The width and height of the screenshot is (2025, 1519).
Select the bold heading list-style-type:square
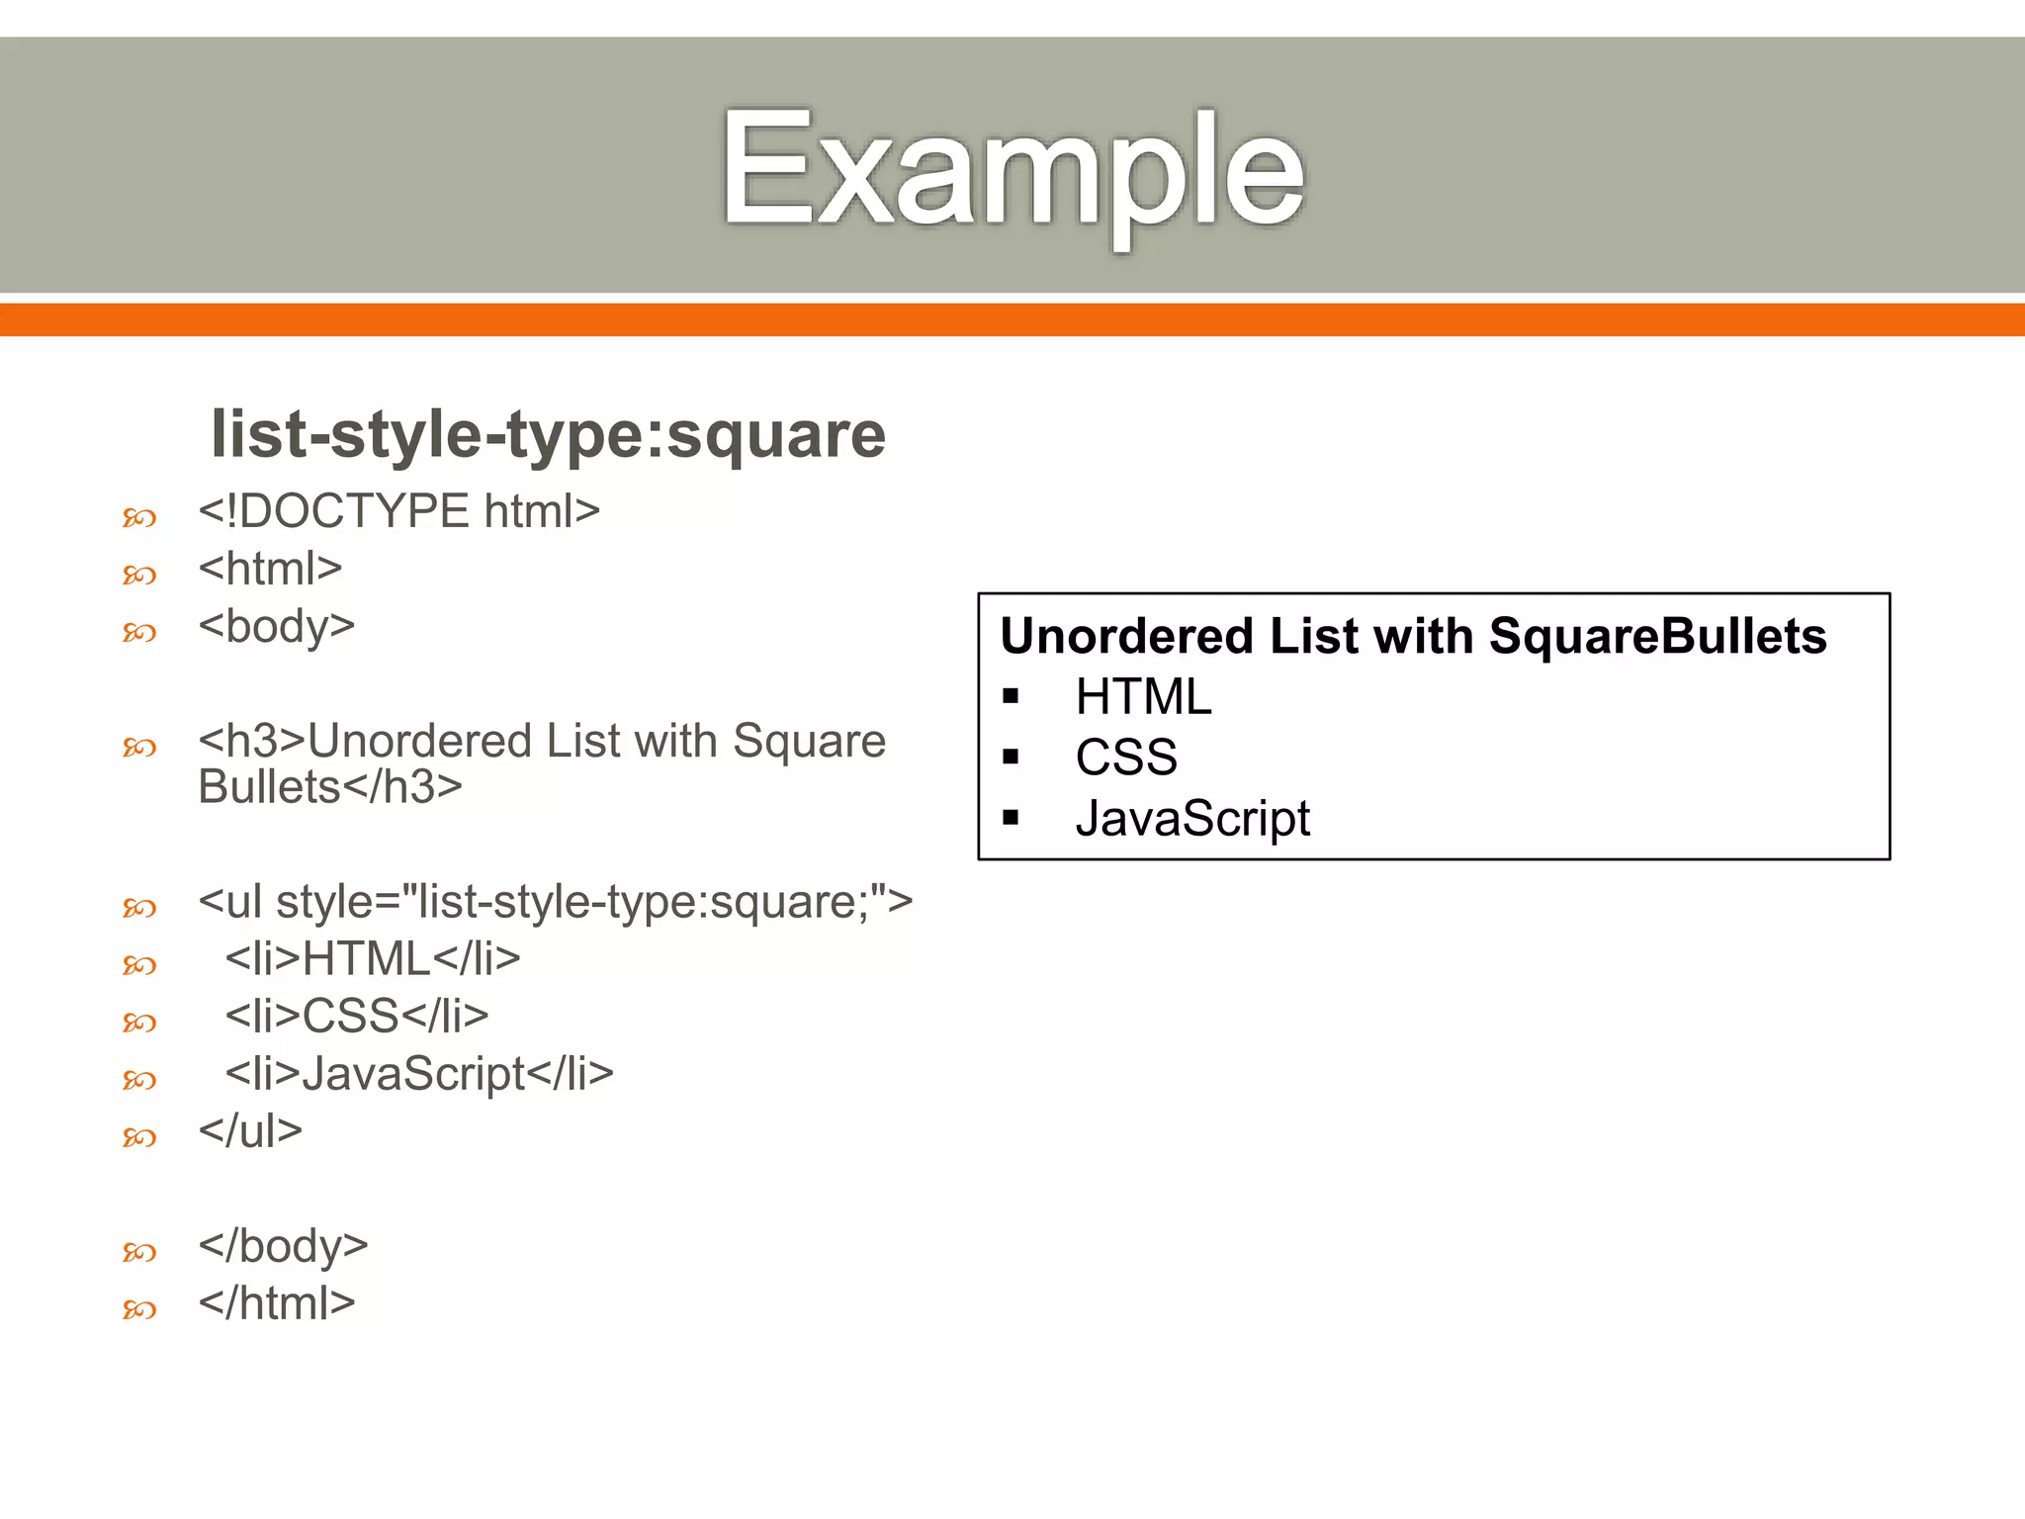pyautogui.click(x=548, y=434)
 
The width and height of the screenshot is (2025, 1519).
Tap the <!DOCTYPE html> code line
pyautogui.click(x=398, y=511)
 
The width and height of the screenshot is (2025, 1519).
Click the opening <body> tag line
pyautogui.click(x=276, y=626)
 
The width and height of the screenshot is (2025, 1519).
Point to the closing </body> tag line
pyautogui.click(x=283, y=1245)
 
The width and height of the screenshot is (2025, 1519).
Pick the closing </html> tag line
pyautogui.click(x=276, y=1302)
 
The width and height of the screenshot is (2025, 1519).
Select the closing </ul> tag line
pyautogui.click(x=250, y=1130)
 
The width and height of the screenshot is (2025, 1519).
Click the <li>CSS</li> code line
pyautogui.click(x=357, y=1016)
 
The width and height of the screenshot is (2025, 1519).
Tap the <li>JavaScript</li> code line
pyautogui.click(x=419, y=1073)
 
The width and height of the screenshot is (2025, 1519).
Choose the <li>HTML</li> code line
pyautogui.click(x=373, y=958)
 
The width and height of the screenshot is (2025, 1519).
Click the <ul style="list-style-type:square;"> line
pyautogui.click(x=555, y=901)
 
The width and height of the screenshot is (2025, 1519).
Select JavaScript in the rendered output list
pyautogui.click(x=1192, y=819)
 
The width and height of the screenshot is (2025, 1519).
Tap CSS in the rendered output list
pyautogui.click(x=1126, y=758)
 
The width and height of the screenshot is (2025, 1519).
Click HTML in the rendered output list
pyautogui.click(x=1143, y=697)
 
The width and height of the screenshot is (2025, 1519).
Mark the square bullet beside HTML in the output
pyautogui.click(x=1010, y=696)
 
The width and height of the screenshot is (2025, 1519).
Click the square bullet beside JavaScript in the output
pyautogui.click(x=1010, y=818)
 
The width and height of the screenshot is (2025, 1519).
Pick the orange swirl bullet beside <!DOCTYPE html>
pyautogui.click(x=139, y=517)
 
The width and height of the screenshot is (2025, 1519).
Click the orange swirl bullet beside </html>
pyautogui.click(x=139, y=1309)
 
